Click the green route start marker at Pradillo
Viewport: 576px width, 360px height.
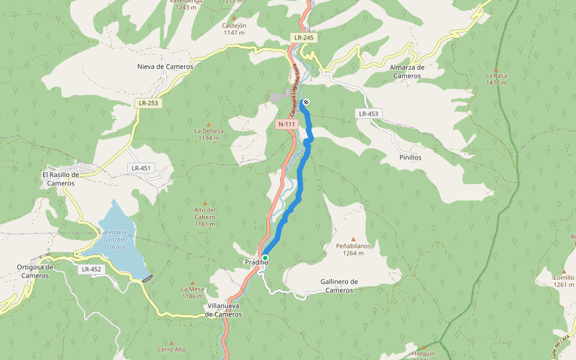[x=265, y=257]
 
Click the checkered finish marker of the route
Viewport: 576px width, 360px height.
[x=306, y=102]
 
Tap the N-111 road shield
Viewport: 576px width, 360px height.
[x=287, y=124]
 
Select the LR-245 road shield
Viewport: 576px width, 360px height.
[x=304, y=38]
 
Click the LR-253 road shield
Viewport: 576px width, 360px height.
[x=148, y=103]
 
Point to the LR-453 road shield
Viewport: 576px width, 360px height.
[x=369, y=113]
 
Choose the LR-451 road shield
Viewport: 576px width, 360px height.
[x=141, y=168]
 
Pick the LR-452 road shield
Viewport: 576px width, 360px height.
[x=92, y=269]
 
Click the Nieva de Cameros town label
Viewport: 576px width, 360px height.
[x=165, y=67]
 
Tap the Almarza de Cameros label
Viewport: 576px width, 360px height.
[x=407, y=72]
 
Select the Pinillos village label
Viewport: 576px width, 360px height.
[x=410, y=157]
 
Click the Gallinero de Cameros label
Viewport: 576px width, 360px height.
[x=339, y=286]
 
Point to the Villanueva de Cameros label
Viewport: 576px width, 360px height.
[x=223, y=310]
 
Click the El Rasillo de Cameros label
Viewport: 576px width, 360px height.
[x=61, y=179]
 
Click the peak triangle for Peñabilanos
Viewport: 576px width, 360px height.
[x=353, y=239]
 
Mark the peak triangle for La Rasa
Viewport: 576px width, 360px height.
[x=496, y=70]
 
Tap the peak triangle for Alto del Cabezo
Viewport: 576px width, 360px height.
[x=205, y=203]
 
